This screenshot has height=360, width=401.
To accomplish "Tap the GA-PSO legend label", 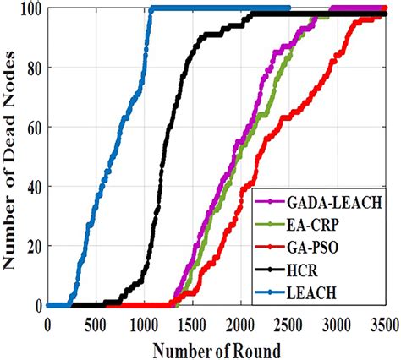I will (313, 248).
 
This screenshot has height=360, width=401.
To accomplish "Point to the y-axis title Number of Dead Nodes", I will (12, 156).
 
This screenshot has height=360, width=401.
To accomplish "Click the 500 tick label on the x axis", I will (96, 324).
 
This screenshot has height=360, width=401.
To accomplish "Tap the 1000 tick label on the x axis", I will (144, 324).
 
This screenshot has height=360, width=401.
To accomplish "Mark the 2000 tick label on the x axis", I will (240, 324).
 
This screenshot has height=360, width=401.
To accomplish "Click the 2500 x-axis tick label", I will (288, 324).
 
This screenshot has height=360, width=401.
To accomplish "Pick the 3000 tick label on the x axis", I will (337, 324).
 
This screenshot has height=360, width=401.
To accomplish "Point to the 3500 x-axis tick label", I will (382, 324).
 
